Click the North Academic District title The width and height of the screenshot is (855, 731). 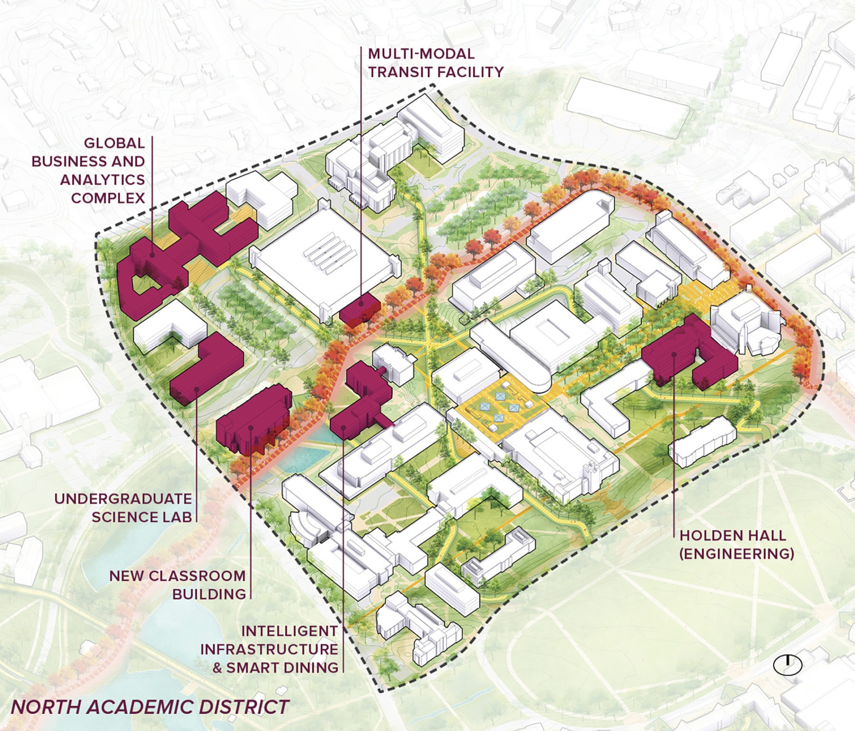pos(150,706)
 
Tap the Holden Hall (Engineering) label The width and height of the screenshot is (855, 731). pos(736,544)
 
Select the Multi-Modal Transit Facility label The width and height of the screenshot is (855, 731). pos(435,62)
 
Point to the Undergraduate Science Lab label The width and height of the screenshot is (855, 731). pos(123,508)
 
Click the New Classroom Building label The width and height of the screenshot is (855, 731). pos(178,585)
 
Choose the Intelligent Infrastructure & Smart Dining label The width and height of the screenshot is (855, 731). pos(269,649)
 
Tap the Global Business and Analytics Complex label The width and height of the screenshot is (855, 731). pos(89,170)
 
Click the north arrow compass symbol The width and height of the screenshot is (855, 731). pos(788,664)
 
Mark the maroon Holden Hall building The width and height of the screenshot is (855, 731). pos(684,352)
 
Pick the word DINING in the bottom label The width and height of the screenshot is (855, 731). pos(311,667)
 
